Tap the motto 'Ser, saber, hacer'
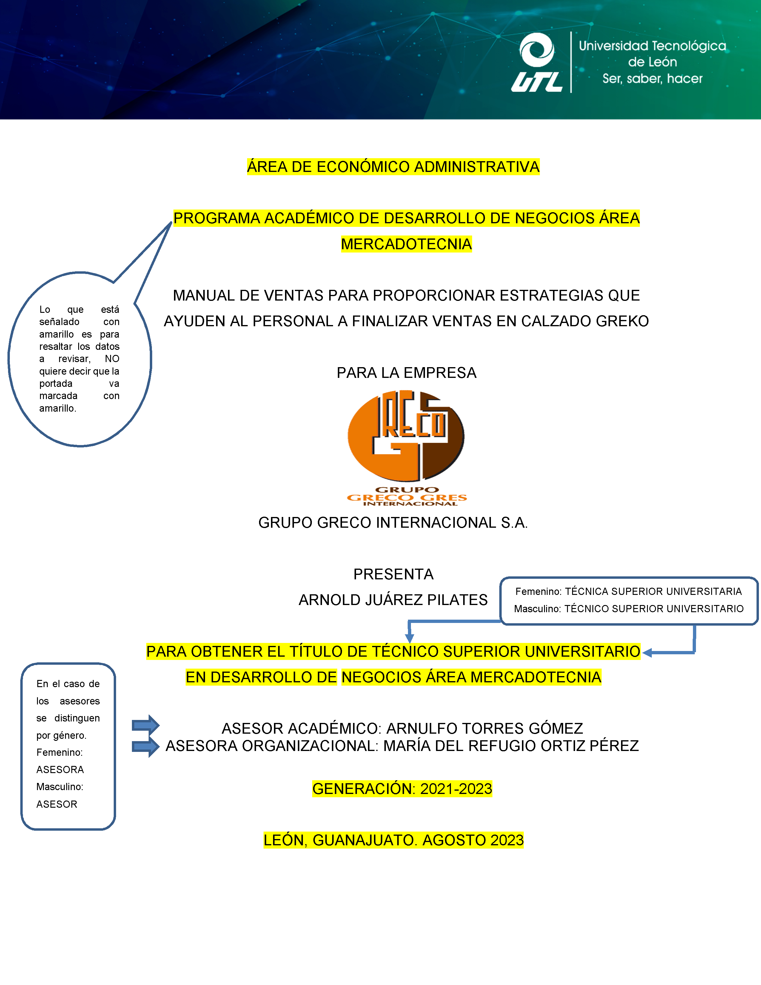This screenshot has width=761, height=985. point(652,79)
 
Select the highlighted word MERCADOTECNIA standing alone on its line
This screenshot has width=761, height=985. point(406,244)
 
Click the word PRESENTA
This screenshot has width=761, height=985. point(393,574)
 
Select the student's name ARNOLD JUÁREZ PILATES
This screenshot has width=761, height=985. point(393,600)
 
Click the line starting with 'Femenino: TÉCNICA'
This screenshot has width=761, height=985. point(628,591)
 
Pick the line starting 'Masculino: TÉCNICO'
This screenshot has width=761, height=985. point(628,609)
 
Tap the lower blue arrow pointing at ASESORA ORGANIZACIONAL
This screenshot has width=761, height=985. point(145,747)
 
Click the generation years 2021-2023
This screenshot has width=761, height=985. point(456,789)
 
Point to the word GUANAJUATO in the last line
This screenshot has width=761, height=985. point(365,840)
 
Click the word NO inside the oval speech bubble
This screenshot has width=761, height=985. point(112,359)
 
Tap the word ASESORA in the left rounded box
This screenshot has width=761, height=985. point(60,769)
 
